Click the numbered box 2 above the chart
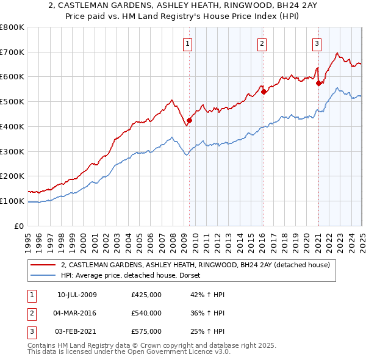(x=261, y=43)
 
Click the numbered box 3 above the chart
(x=317, y=43)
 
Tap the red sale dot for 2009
(x=190, y=121)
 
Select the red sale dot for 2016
(x=264, y=92)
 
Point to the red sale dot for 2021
(x=318, y=84)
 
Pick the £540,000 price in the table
(x=146, y=314)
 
